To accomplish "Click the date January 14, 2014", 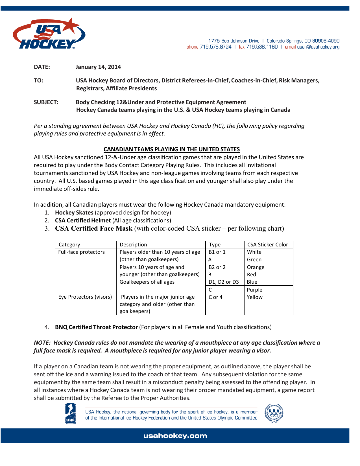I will point(98,67).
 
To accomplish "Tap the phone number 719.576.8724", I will point(216,47).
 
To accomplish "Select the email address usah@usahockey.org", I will point(318,47).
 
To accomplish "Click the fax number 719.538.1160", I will point(262,47).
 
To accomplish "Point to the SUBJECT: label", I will point(46,102).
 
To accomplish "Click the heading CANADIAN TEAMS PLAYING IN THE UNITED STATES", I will point(171,149).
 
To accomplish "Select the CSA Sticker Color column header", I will point(268,245).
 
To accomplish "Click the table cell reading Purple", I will point(254,290).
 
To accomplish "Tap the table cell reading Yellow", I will point(255,297).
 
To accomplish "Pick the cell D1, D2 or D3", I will point(224,282).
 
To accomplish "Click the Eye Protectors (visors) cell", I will point(85,297).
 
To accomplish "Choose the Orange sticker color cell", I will point(256,267).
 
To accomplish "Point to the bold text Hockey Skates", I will point(74,213).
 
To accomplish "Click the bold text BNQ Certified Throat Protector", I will point(96,327).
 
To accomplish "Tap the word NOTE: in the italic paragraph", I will point(42,343).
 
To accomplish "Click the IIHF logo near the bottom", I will point(70,414).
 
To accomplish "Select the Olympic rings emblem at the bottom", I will point(274,414).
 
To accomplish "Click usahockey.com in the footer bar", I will point(175,436).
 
